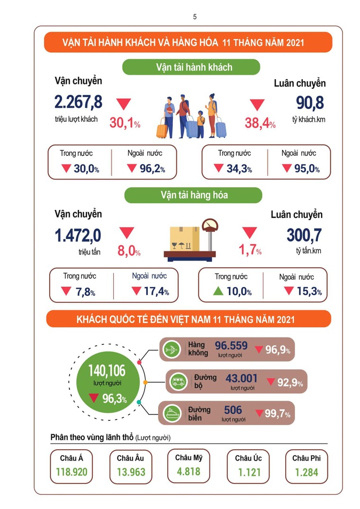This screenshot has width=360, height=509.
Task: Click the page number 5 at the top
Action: [195, 17]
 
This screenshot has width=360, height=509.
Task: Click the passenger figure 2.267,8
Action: [78, 102]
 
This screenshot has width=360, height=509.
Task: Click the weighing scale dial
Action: [208, 224]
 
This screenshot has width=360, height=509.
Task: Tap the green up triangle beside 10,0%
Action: [218, 291]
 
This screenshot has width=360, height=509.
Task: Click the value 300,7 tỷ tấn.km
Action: [304, 235]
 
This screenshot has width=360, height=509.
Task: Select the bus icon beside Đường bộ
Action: [178, 382]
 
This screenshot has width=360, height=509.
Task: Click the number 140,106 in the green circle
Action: [107, 370]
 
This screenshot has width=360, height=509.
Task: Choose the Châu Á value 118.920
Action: [72, 473]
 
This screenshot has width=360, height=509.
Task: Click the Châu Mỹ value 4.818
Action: [188, 472]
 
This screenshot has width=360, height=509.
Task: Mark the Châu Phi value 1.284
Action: [306, 473]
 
